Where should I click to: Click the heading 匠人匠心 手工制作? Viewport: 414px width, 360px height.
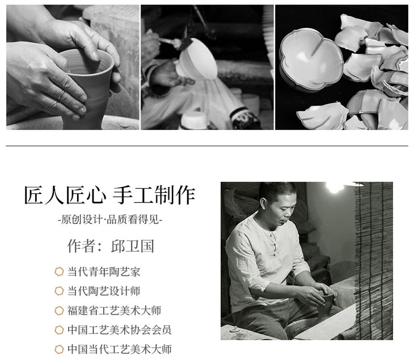(x=109, y=196)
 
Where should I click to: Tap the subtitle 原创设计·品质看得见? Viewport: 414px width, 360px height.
(x=110, y=219)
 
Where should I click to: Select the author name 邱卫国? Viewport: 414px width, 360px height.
(x=133, y=246)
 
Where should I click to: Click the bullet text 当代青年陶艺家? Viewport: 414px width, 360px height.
(x=104, y=272)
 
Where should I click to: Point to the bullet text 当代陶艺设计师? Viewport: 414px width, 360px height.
(x=104, y=291)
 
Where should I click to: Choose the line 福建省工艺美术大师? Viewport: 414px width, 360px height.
(x=114, y=310)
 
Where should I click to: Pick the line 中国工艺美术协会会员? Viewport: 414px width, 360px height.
(x=119, y=329)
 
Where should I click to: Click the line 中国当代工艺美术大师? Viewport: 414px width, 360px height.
(x=119, y=349)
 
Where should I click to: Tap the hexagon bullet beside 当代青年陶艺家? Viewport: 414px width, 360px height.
(x=59, y=272)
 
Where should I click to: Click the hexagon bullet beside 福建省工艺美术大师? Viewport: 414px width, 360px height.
(x=59, y=310)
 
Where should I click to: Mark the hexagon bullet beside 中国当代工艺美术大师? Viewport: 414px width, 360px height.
(x=59, y=349)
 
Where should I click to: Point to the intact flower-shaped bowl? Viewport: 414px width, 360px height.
(x=311, y=60)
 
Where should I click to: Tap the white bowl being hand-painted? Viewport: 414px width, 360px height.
(x=197, y=60)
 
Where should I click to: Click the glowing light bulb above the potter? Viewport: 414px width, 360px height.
(x=334, y=187)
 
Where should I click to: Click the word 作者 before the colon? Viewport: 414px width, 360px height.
(x=81, y=246)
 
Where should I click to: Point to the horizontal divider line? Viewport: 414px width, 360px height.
(x=207, y=146)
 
